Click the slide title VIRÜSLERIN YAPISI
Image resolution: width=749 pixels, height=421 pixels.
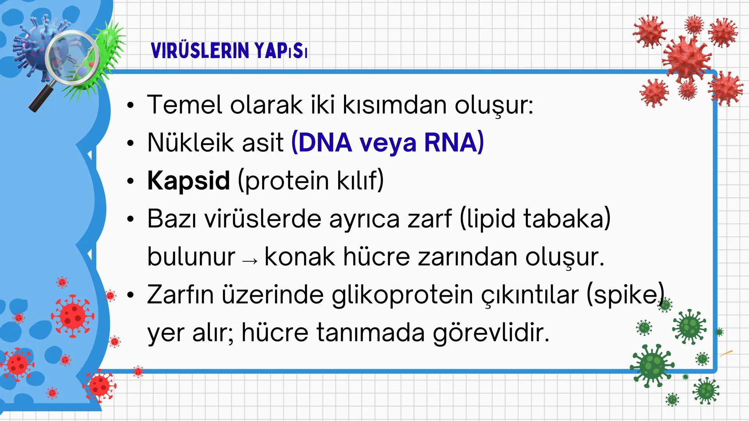[x=229, y=51]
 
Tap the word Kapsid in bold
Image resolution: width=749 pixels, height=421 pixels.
[x=188, y=180]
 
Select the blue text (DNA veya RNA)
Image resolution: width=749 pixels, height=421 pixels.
[x=387, y=142]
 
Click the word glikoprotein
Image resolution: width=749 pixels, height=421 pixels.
[x=402, y=295]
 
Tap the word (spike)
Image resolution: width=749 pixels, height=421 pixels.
[x=625, y=295]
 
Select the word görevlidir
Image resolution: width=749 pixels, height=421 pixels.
[x=491, y=333]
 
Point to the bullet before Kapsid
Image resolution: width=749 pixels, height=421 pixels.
[x=130, y=181]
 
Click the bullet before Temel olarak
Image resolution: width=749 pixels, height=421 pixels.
[x=130, y=105]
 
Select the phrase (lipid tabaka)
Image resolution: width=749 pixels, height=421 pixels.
[x=535, y=219]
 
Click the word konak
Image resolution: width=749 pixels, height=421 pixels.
[x=300, y=257]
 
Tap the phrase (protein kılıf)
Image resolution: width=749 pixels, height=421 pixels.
[x=311, y=180]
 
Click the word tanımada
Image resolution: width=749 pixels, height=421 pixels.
[x=370, y=333]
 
